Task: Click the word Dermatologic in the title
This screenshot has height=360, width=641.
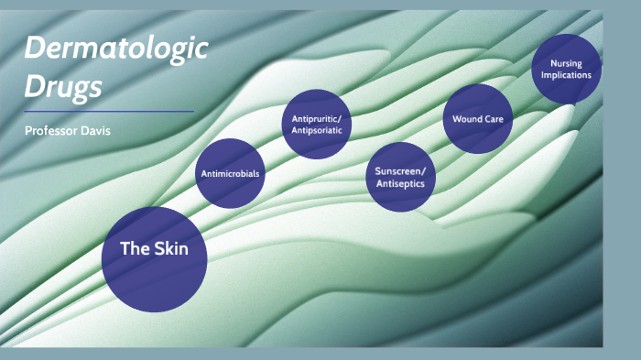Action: tap(116, 50)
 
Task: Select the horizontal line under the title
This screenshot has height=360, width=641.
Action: tap(109, 112)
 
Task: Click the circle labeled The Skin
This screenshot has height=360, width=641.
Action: tap(154, 259)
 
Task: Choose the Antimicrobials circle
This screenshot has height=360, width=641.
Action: tap(230, 173)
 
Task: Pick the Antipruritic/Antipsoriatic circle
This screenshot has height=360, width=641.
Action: tap(316, 124)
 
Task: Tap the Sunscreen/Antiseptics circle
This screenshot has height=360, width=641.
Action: tap(400, 177)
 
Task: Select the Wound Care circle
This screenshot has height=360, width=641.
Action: tap(477, 118)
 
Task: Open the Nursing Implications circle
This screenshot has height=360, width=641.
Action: tap(566, 69)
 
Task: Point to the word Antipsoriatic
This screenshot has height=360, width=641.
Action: tap(316, 129)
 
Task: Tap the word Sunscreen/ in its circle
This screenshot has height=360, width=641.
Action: tap(400, 171)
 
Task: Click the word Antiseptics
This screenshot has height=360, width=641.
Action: tap(400, 183)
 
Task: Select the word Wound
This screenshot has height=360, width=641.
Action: tap(467, 119)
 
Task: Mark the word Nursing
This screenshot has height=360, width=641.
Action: tap(566, 63)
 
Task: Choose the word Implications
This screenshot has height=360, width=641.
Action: tap(566, 74)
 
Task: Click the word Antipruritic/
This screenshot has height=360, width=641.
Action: tap(316, 118)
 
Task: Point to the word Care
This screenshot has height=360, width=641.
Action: tap(494, 119)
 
